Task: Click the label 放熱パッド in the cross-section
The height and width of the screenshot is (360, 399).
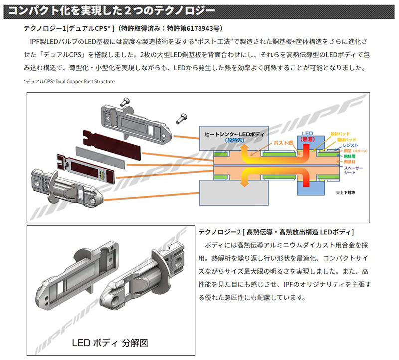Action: [340, 134]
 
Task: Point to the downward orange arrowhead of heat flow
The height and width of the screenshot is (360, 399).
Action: [244, 183]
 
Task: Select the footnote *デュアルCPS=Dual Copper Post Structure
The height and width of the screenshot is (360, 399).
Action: [69, 81]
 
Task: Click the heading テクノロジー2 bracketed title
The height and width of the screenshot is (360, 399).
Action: [276, 232]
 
